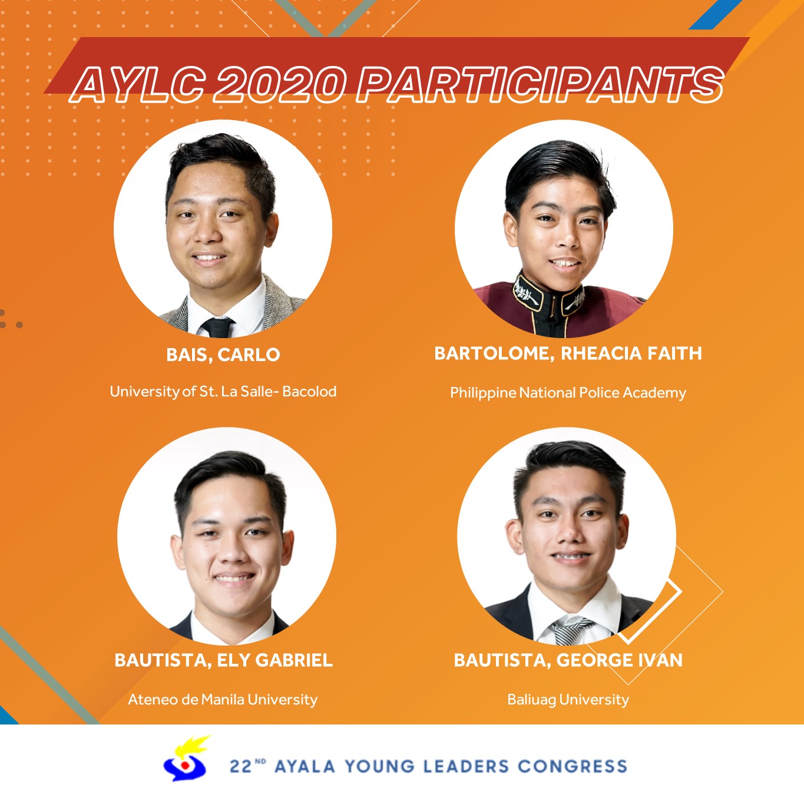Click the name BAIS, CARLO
[223, 355]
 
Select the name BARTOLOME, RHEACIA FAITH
[568, 354]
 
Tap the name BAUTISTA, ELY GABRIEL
[224, 660]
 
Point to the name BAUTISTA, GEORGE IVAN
[568, 660]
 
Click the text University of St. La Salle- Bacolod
[223, 392]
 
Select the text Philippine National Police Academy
[568, 393]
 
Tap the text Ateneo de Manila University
[223, 700]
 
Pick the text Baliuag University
[568, 700]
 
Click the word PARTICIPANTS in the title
[540, 85]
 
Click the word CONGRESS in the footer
[573, 766]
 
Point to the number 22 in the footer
[241, 767]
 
